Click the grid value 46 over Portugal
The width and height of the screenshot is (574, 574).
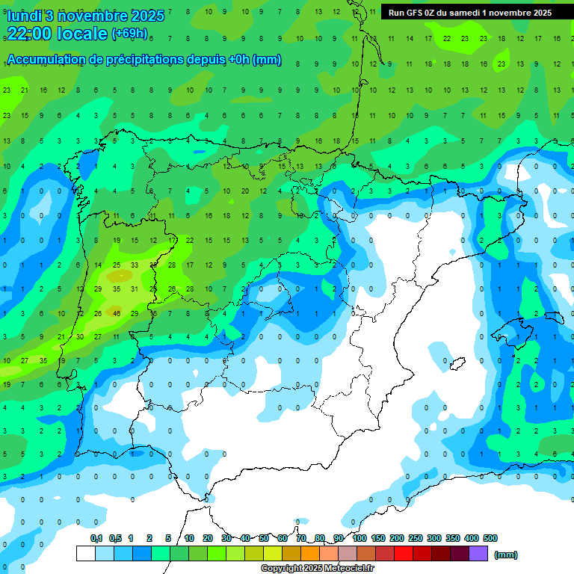coord(117,313)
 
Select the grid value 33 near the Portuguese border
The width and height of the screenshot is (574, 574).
coord(135,265)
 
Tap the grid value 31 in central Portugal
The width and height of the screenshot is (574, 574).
coord(135,289)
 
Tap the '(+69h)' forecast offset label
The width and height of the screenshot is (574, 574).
coord(129,34)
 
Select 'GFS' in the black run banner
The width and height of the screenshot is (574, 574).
coord(416,13)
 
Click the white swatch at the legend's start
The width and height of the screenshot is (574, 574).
coord(86,554)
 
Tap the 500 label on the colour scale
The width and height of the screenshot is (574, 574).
coord(490,538)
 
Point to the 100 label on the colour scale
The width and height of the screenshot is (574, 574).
coord(359,538)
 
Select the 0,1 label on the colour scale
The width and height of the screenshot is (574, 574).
coord(96,538)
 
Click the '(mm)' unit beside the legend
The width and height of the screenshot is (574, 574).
coord(505,555)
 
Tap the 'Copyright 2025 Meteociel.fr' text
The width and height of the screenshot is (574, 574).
coord(317,569)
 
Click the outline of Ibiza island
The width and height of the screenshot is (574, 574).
coord(454,364)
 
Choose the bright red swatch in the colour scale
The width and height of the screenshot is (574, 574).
coord(404,554)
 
